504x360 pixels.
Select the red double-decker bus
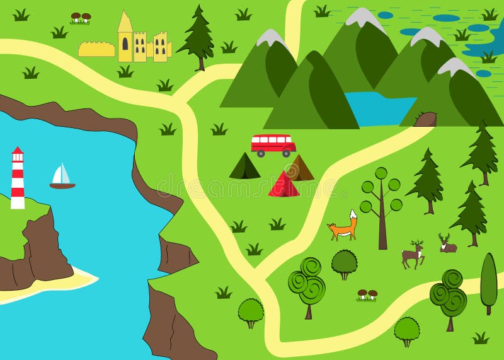(273, 144)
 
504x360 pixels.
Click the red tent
(283, 185)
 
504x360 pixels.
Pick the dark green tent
(244, 167)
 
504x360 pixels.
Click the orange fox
(343, 228)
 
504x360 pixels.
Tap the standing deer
(413, 255)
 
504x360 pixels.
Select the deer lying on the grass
(447, 245)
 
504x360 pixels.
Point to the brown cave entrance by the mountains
(426, 119)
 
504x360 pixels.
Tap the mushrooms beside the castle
(80, 18)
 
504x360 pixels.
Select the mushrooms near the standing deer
(367, 294)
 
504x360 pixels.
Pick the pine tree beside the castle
(197, 37)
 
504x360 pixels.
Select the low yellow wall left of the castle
(96, 49)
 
